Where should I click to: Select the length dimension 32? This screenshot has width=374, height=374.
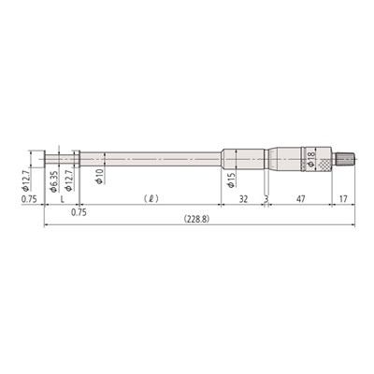click(243, 198)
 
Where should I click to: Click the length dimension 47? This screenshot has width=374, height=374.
click(299, 198)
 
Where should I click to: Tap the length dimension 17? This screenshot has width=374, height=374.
click(343, 198)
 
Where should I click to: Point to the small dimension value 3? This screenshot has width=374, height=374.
click(266, 199)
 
